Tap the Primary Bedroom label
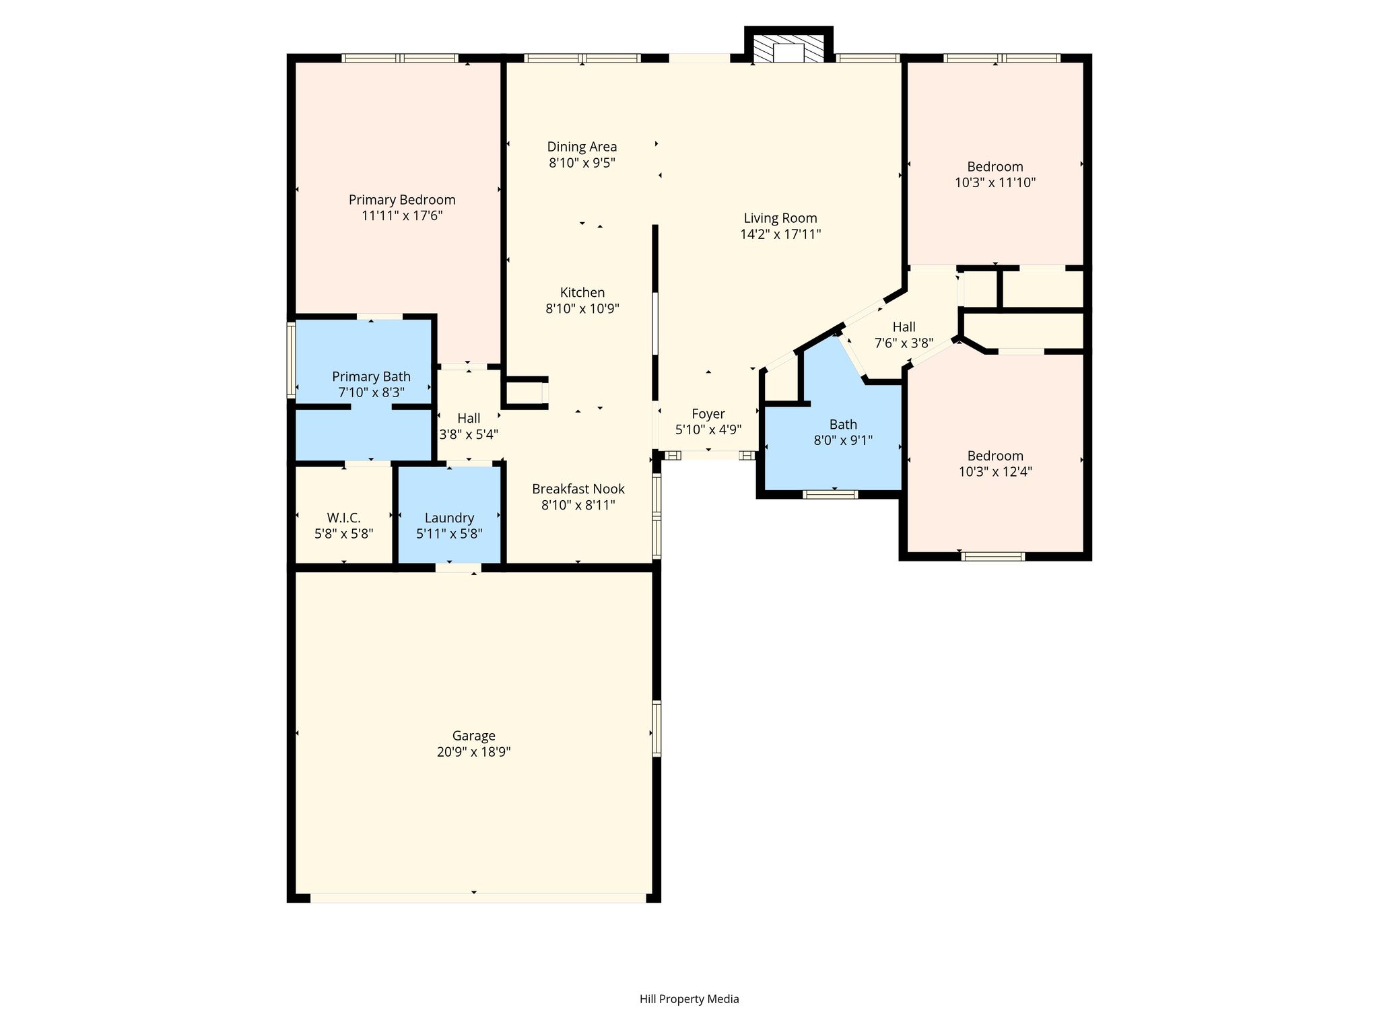(402, 200)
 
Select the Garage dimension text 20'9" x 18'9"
(474, 752)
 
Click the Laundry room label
(449, 518)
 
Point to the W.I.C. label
(344, 518)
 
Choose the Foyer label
(708, 414)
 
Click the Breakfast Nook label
(578, 489)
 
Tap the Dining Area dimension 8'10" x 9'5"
(582, 163)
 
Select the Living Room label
(780, 218)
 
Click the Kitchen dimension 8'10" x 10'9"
(582, 309)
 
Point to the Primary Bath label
(371, 376)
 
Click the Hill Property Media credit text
(689, 999)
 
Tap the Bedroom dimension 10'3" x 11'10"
(995, 182)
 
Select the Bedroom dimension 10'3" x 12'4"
(995, 472)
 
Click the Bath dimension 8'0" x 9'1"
(843, 441)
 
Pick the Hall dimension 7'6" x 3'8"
(904, 343)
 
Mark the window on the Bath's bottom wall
(831, 494)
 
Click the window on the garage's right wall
(657, 728)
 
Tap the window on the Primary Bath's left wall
(292, 360)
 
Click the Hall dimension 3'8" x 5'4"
(469, 435)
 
